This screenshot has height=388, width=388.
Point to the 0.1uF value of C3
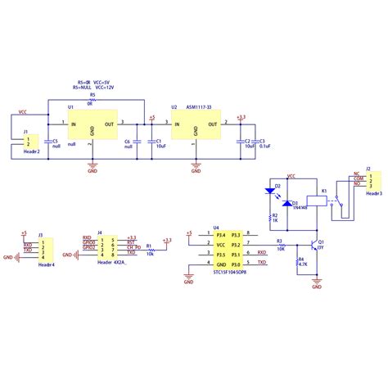click(x=265, y=147)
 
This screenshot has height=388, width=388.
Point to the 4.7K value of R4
click(x=303, y=264)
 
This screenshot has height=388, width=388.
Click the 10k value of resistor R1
click(x=149, y=254)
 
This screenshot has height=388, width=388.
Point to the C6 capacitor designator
click(x=128, y=141)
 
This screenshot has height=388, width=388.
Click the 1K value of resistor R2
click(x=276, y=222)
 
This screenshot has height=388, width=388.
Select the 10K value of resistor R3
click(x=280, y=249)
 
